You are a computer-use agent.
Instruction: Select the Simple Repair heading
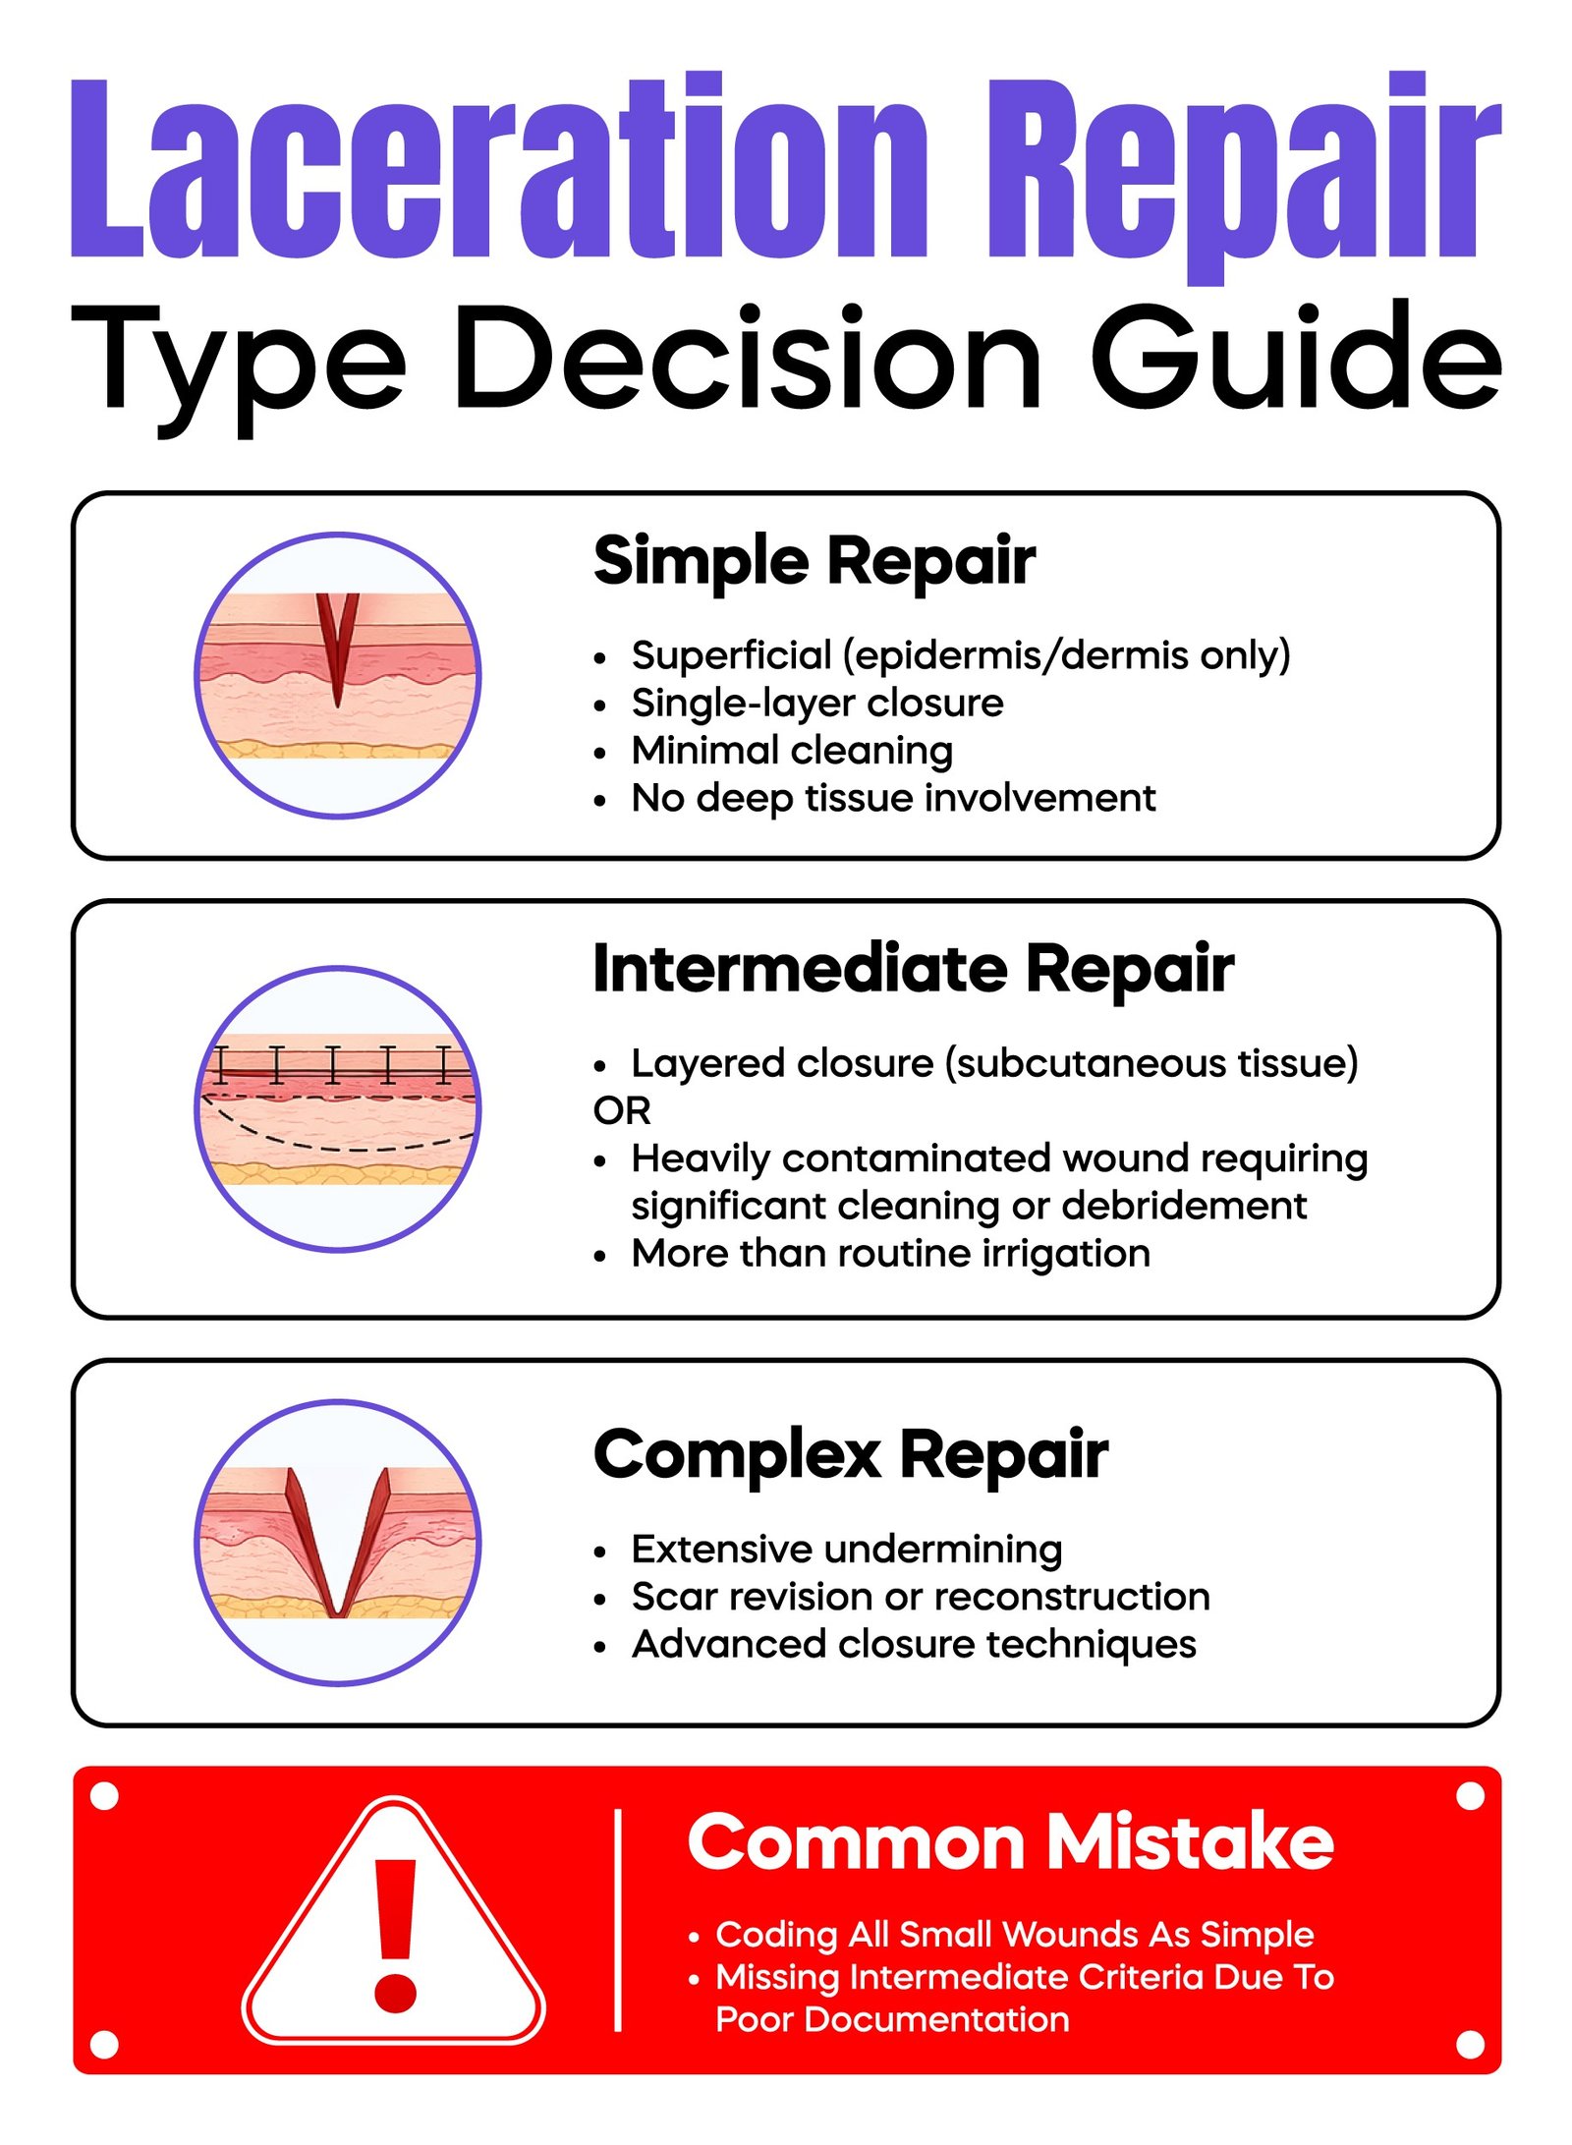(814, 561)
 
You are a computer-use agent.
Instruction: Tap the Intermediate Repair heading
(913, 969)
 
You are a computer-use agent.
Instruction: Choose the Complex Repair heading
(850, 1454)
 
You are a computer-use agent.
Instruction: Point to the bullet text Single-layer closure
(816, 703)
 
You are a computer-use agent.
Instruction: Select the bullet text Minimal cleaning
(791, 751)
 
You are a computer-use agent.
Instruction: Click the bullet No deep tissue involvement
(892, 798)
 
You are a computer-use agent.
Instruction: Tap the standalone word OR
(621, 1110)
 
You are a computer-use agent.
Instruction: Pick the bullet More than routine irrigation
(889, 1254)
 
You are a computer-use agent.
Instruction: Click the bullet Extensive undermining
(846, 1550)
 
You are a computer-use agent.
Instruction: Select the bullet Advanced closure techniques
(913, 1644)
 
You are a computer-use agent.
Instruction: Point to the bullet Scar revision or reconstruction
(920, 1597)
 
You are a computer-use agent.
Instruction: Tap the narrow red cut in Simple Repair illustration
(337, 649)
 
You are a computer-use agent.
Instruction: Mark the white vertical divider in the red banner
(618, 1920)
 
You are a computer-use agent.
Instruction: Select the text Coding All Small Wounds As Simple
(1014, 1934)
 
